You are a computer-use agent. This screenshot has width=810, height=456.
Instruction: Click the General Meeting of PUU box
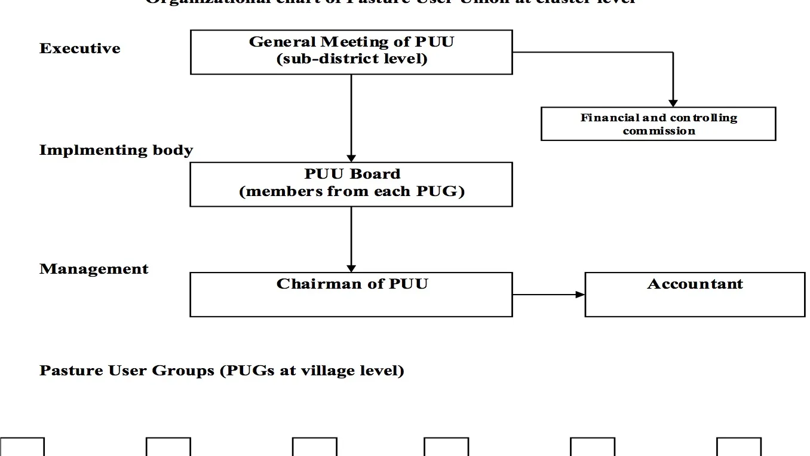click(x=351, y=52)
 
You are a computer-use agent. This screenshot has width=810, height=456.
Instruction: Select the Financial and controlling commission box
click(x=658, y=124)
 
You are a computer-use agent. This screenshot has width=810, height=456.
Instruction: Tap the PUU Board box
click(x=351, y=184)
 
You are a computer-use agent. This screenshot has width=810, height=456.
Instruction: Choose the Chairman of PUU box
click(x=351, y=295)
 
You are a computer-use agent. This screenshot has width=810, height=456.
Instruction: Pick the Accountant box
click(x=695, y=295)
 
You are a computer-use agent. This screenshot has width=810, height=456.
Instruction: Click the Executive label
click(x=80, y=48)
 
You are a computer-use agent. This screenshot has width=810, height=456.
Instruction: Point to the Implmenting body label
click(x=116, y=150)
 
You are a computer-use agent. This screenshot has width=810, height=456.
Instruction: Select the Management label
click(x=94, y=269)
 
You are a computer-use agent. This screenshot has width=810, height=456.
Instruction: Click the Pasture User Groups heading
click(x=222, y=371)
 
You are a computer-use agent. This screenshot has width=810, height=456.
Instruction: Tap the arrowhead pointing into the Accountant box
click(x=580, y=295)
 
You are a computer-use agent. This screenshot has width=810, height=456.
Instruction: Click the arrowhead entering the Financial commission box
click(x=673, y=103)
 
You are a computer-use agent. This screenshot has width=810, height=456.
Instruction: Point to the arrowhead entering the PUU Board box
click(x=351, y=158)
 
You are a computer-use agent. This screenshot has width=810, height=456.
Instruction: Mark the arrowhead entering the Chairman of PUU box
click(x=351, y=269)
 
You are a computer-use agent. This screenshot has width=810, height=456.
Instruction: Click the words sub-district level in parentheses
click(x=352, y=59)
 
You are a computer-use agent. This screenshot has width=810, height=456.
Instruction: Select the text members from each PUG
click(x=352, y=192)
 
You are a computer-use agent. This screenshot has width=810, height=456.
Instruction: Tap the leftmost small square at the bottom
click(x=22, y=447)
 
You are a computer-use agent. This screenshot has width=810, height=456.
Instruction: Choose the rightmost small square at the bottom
click(x=739, y=447)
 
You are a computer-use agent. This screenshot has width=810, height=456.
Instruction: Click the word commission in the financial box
click(x=659, y=131)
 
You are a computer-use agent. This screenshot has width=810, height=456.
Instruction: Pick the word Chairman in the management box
click(x=320, y=284)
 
